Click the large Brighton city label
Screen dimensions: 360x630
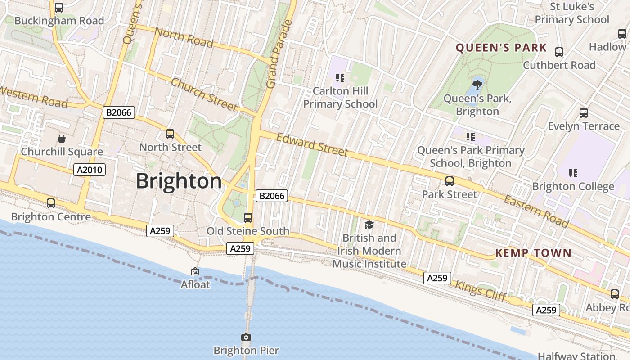[179, 181]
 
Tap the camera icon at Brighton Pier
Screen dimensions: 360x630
[246, 337]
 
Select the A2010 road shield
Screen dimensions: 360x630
[90, 170]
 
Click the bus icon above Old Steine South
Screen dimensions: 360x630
[247, 218]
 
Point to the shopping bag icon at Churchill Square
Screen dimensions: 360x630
[62, 138]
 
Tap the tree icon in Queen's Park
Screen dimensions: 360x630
[477, 84]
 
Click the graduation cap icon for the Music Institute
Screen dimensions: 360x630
[369, 225]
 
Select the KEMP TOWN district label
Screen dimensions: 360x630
[533, 253]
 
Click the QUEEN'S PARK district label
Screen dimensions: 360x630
[501, 48]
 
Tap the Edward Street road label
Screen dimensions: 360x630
[312, 144]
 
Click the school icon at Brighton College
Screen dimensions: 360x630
[573, 173]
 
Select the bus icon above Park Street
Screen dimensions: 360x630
[449, 181]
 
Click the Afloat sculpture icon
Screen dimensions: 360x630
[195, 271]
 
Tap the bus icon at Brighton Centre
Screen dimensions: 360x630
[51, 203]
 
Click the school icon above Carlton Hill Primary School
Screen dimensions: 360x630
[340, 78]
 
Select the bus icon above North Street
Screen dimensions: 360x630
[170, 134]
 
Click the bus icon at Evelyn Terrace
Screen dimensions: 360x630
[584, 113]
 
